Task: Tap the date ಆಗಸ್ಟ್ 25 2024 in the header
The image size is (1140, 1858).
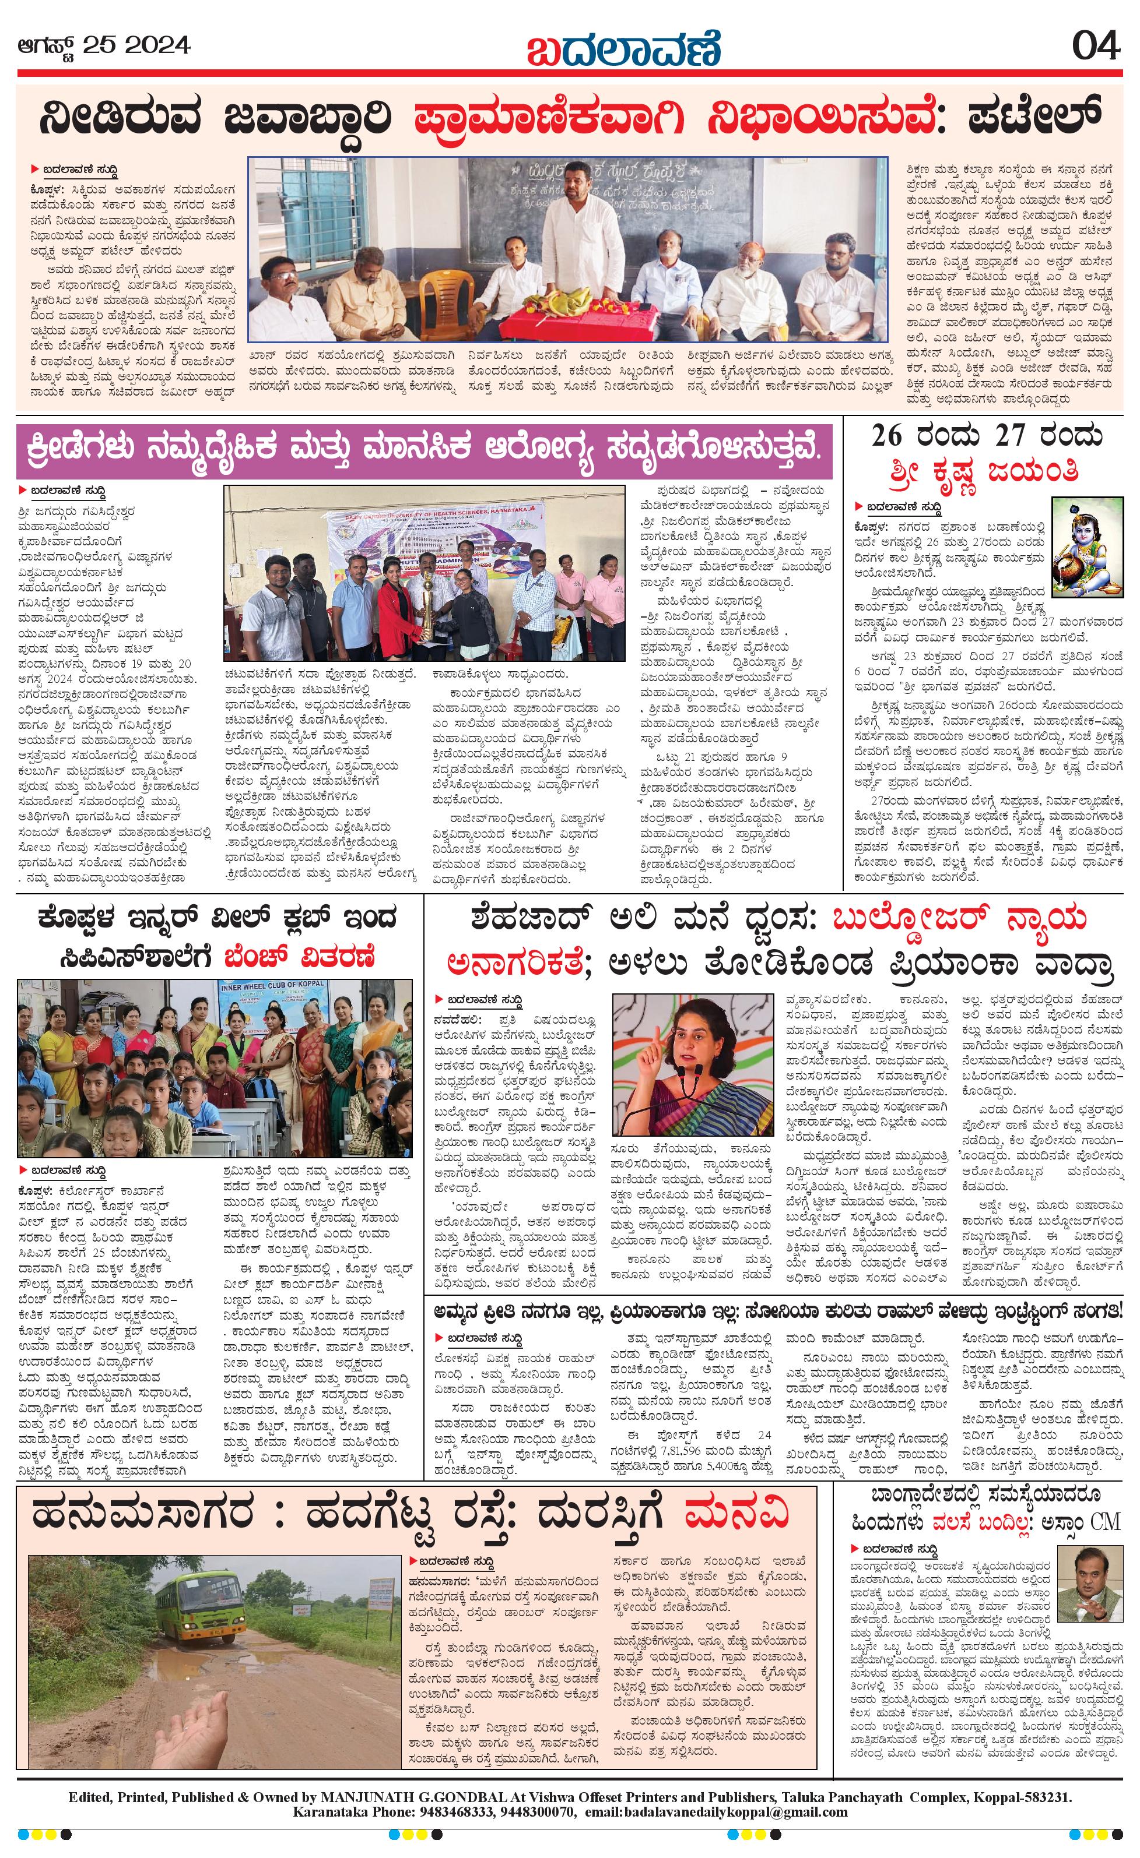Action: tap(104, 46)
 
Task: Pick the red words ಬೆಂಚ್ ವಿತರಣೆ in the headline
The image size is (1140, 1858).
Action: tap(300, 958)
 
